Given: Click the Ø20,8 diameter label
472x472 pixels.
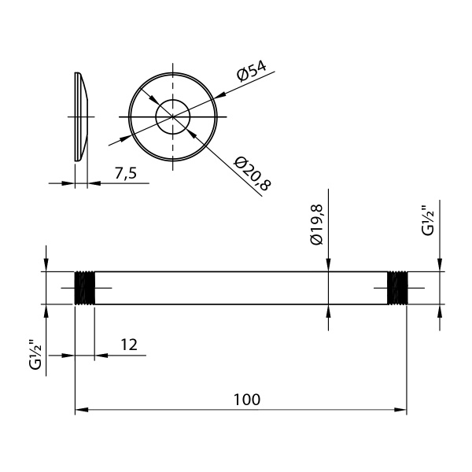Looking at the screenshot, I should (252, 173).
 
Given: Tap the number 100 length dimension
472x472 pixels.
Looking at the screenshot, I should (246, 399).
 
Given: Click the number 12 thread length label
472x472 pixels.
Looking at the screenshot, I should (129, 345).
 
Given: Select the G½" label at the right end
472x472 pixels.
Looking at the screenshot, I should (426, 220).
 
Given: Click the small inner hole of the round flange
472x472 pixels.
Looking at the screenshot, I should (172, 117).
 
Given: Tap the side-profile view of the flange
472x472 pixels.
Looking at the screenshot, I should (81, 116).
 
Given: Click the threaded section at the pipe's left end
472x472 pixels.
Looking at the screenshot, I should (84, 288).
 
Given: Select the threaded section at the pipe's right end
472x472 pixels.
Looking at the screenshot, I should (399, 288).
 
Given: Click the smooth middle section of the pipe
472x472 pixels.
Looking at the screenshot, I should (236, 288).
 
